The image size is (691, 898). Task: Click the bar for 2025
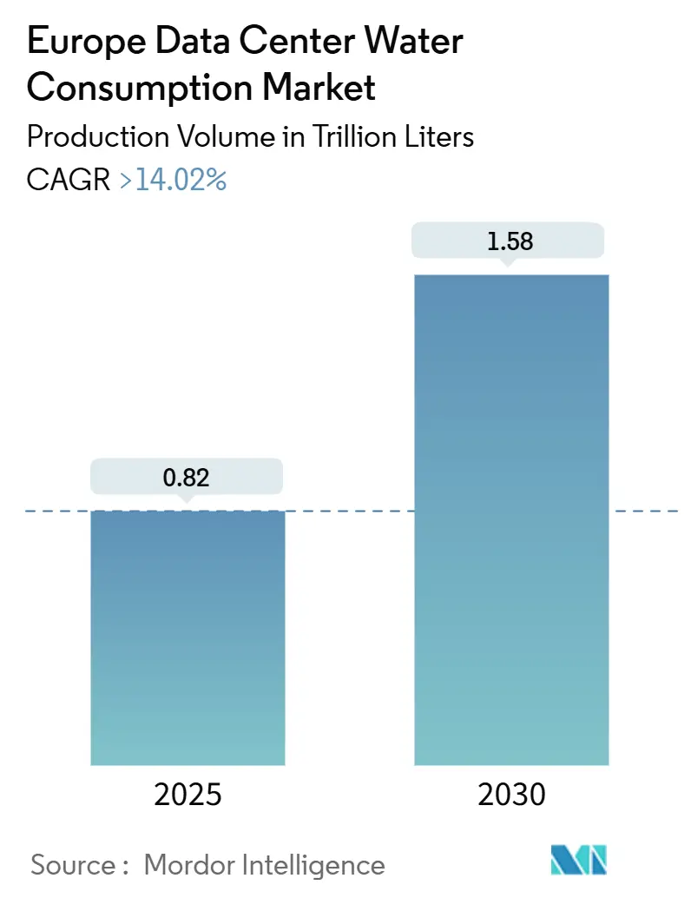(x=188, y=637)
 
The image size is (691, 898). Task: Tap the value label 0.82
(x=188, y=477)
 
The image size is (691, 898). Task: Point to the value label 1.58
(x=510, y=241)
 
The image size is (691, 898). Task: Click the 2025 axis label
(x=188, y=794)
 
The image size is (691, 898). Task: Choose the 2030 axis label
(x=511, y=794)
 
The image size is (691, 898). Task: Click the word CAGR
(x=68, y=180)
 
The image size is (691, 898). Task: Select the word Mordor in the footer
(x=188, y=865)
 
